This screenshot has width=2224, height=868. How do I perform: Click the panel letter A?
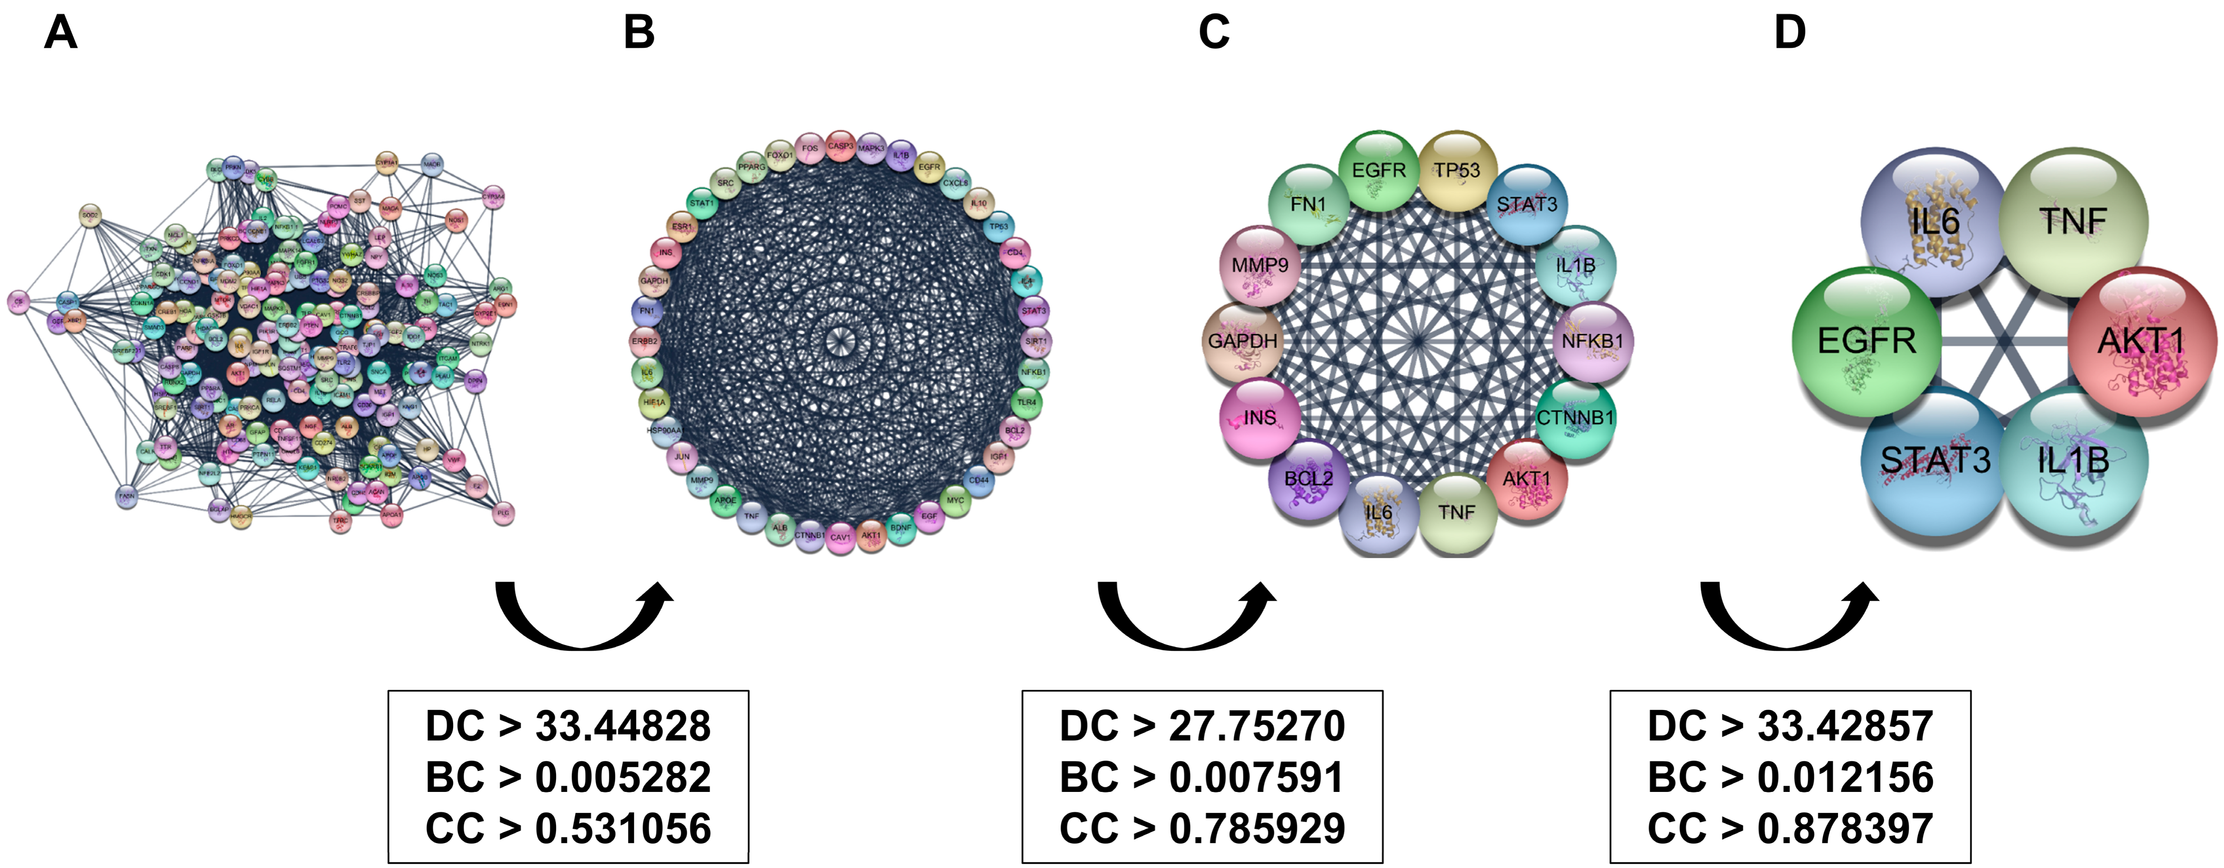[60, 33]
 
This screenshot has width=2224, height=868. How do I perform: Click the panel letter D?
[1790, 33]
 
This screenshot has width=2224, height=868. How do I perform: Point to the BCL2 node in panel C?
[1309, 479]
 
